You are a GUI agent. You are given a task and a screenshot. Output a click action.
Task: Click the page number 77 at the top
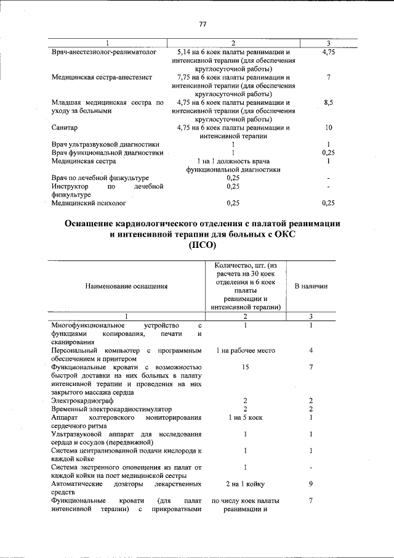202,24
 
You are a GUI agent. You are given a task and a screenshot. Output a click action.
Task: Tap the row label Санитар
64,128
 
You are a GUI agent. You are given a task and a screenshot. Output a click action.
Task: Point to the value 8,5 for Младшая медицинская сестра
329,102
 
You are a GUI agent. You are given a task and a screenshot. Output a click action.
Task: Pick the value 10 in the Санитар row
329,128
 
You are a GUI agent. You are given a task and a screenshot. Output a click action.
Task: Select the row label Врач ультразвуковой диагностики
107,144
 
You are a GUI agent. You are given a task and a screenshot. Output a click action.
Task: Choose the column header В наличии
311,286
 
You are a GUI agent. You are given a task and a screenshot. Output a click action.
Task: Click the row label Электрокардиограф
81,401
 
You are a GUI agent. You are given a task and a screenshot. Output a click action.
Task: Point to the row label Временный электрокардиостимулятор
111,409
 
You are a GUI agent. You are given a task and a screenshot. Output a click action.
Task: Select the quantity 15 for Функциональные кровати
244,367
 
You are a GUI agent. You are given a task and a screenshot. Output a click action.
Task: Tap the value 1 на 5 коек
244,417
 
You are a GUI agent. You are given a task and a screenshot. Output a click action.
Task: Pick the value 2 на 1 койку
244,484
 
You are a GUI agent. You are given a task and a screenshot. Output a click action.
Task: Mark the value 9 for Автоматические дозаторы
312,484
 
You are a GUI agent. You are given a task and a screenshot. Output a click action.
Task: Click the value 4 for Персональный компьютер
312,351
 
